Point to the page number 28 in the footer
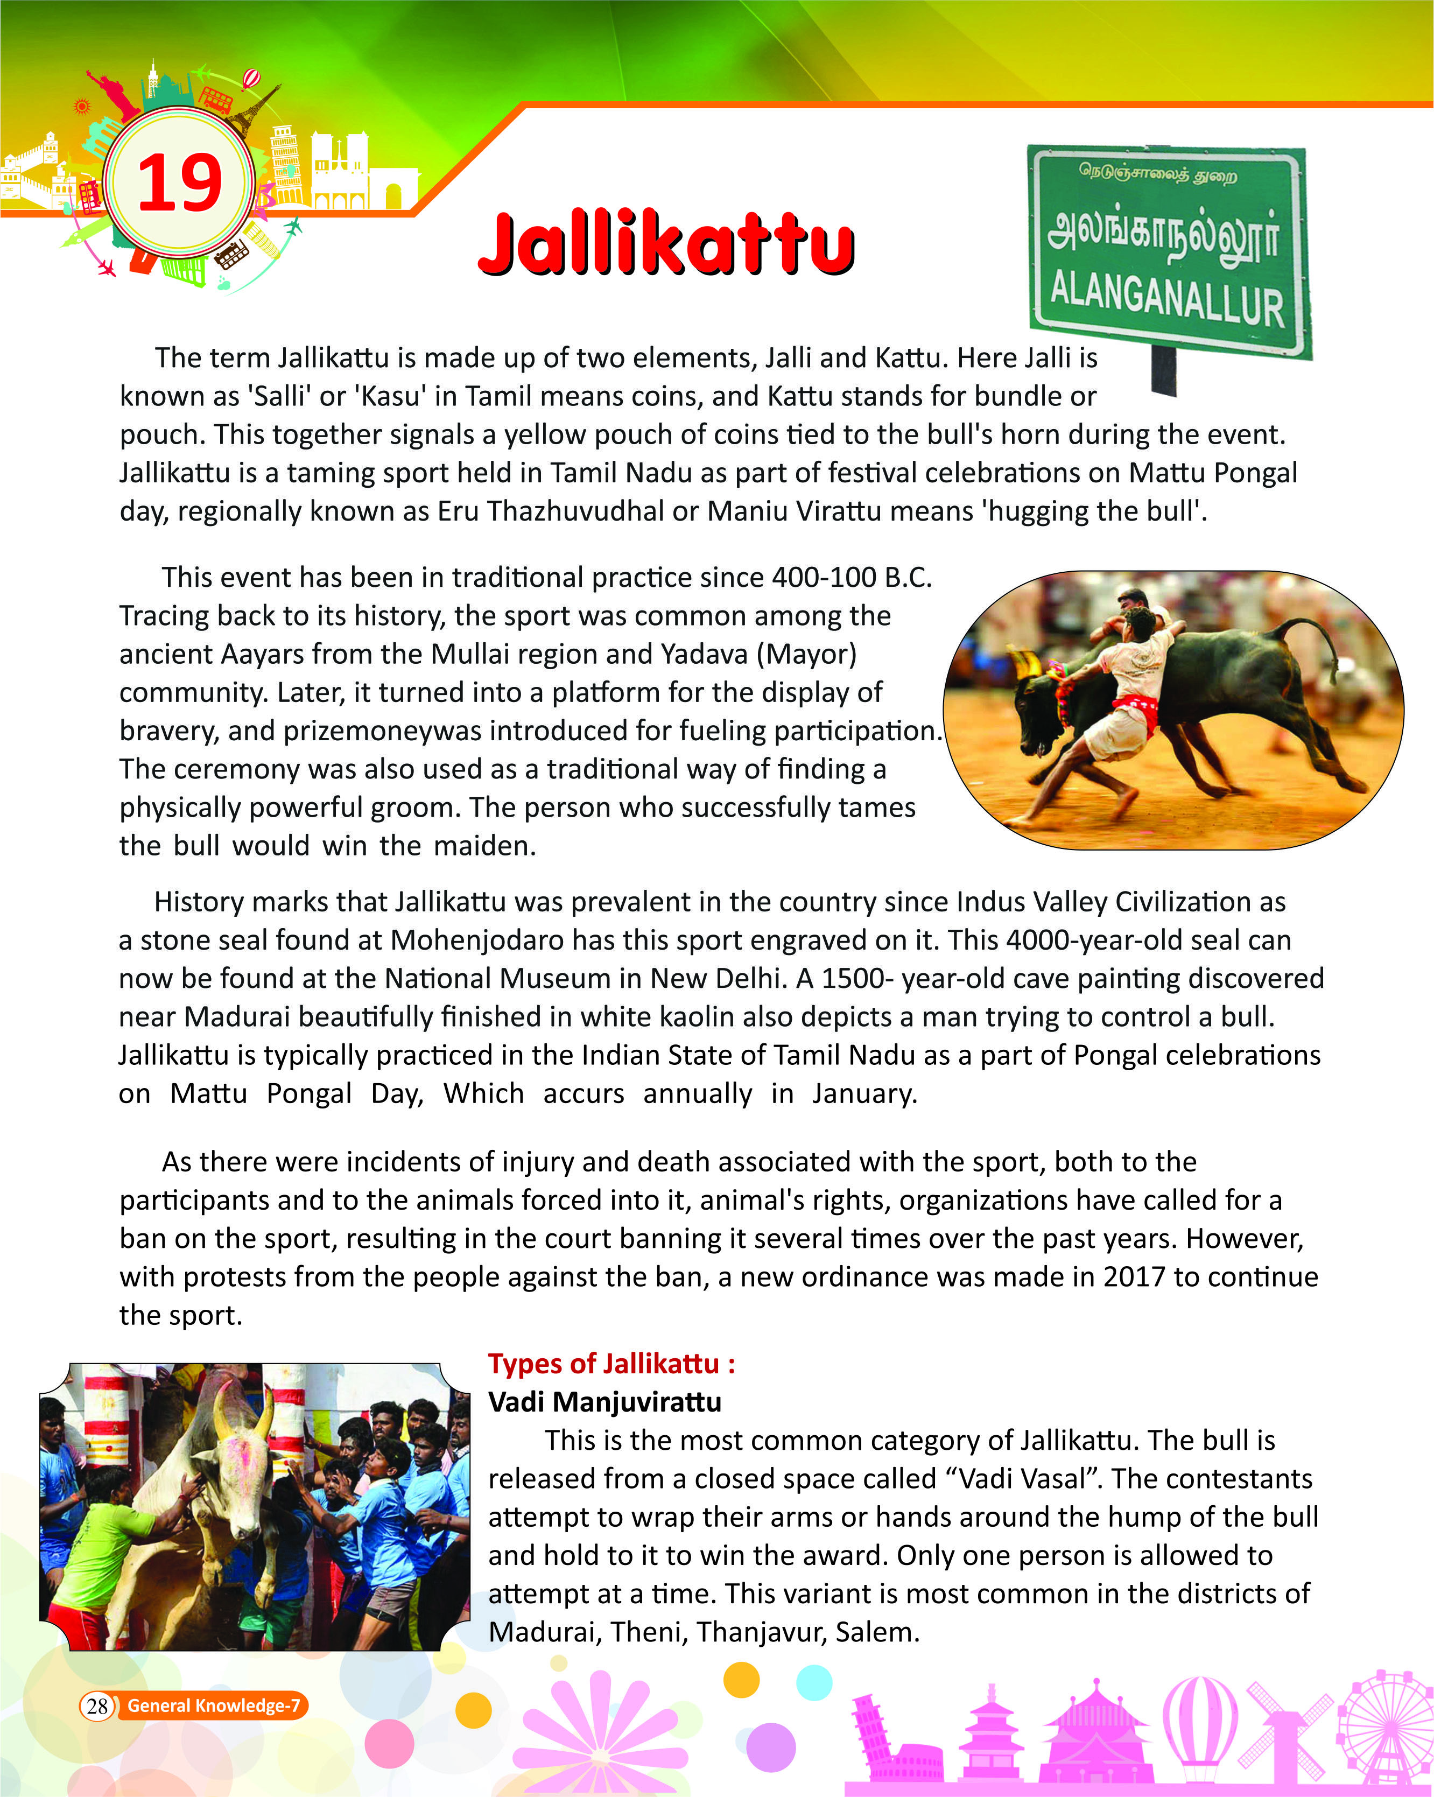pos(97,1706)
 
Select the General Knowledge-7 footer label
pos(213,1706)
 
